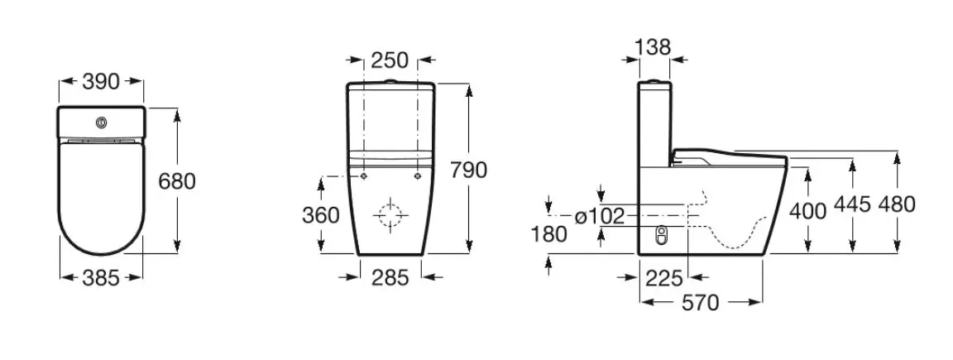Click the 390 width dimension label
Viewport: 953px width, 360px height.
(101, 81)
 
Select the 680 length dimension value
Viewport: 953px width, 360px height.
(177, 181)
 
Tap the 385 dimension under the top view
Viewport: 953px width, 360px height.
(101, 278)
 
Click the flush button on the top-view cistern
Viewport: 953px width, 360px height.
(101, 122)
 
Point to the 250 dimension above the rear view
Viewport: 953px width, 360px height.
(390, 60)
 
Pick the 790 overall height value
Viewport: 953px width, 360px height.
(468, 170)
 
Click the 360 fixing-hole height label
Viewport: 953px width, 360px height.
(321, 215)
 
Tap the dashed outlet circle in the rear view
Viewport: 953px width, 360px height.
(390, 215)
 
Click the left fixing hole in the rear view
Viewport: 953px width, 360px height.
(363, 176)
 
